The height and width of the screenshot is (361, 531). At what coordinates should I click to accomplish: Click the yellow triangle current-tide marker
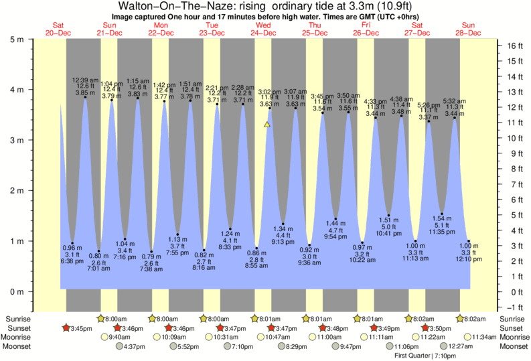pos(267,124)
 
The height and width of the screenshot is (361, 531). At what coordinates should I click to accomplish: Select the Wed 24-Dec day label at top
pos(263,29)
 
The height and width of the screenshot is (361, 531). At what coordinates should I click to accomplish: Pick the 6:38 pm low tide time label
pos(72,261)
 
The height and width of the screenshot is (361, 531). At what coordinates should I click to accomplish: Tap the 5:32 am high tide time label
pos(455,101)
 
